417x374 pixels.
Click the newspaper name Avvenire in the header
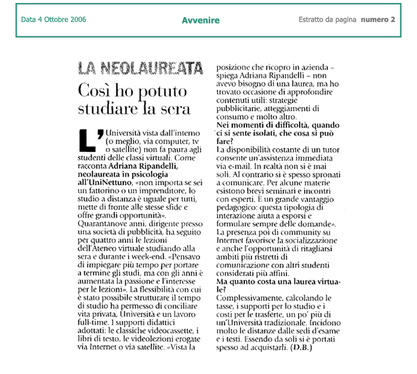[201, 20]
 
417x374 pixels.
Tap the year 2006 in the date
[77, 20]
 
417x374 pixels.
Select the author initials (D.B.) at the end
[301, 347]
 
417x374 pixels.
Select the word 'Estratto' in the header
[314, 20]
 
